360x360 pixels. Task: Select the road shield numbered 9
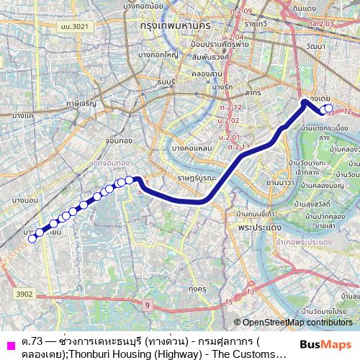coord(147,306)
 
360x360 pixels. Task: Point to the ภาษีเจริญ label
coord(81,104)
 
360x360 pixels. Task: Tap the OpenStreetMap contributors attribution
coord(297,323)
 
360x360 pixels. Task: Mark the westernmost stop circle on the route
coord(32,239)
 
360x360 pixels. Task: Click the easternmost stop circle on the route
coord(330,109)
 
